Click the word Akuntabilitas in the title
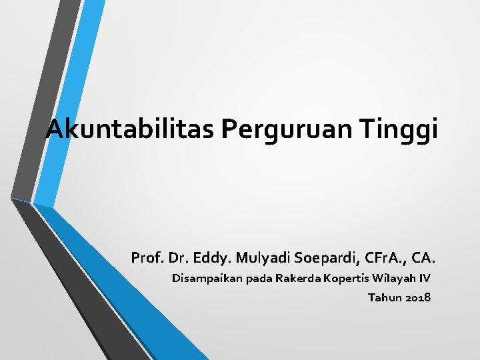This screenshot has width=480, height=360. (x=131, y=128)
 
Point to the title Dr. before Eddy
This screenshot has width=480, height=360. (x=175, y=257)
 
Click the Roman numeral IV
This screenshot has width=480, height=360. (x=425, y=278)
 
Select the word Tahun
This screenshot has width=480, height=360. (x=384, y=297)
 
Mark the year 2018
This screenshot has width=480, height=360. (x=418, y=297)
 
